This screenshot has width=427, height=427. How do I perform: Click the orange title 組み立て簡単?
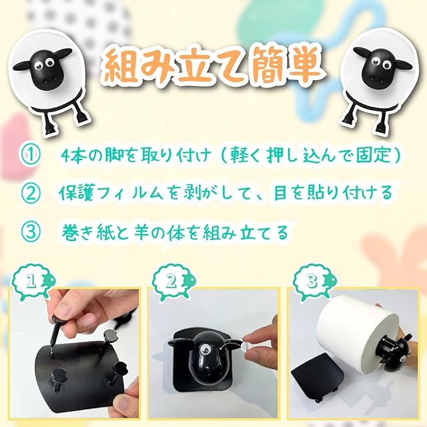213,67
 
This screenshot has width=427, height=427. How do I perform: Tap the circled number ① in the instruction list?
31,155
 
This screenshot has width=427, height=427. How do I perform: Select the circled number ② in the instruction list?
31,193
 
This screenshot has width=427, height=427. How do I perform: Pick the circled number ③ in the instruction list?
31,232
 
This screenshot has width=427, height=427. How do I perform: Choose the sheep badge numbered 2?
173,282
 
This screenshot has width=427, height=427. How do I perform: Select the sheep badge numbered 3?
314,282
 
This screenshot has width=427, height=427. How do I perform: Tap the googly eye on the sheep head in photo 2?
204,349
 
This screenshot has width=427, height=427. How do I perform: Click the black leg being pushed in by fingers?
55,334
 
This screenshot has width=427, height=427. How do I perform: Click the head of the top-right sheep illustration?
381,67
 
